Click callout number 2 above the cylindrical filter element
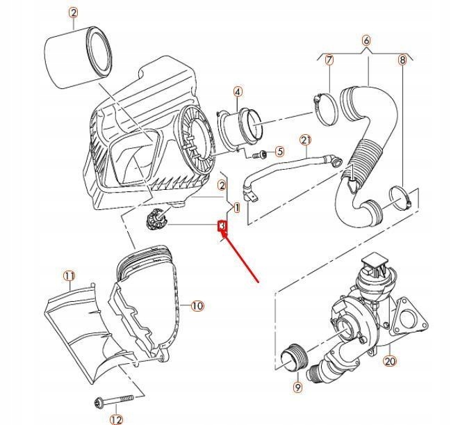click(73, 13)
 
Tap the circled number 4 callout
click(238, 92)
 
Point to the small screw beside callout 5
click(263, 153)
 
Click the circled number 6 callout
click(366, 41)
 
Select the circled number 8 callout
click(402, 61)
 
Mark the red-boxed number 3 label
click(223, 226)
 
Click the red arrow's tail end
click(259, 282)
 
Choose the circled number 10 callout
click(197, 305)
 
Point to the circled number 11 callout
click(69, 276)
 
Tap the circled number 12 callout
click(115, 418)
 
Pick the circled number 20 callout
click(389, 360)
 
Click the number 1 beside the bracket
click(237, 207)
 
